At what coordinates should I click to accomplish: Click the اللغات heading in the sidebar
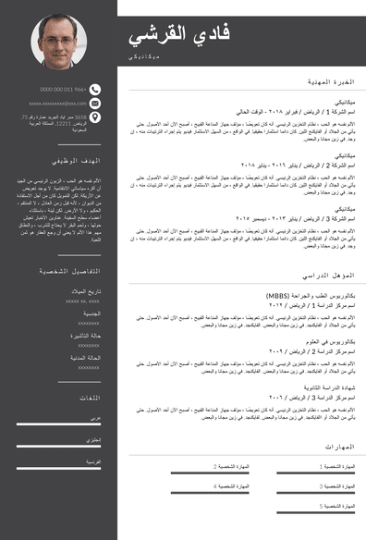[90, 398]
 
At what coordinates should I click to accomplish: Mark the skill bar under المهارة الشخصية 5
[311, 513]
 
